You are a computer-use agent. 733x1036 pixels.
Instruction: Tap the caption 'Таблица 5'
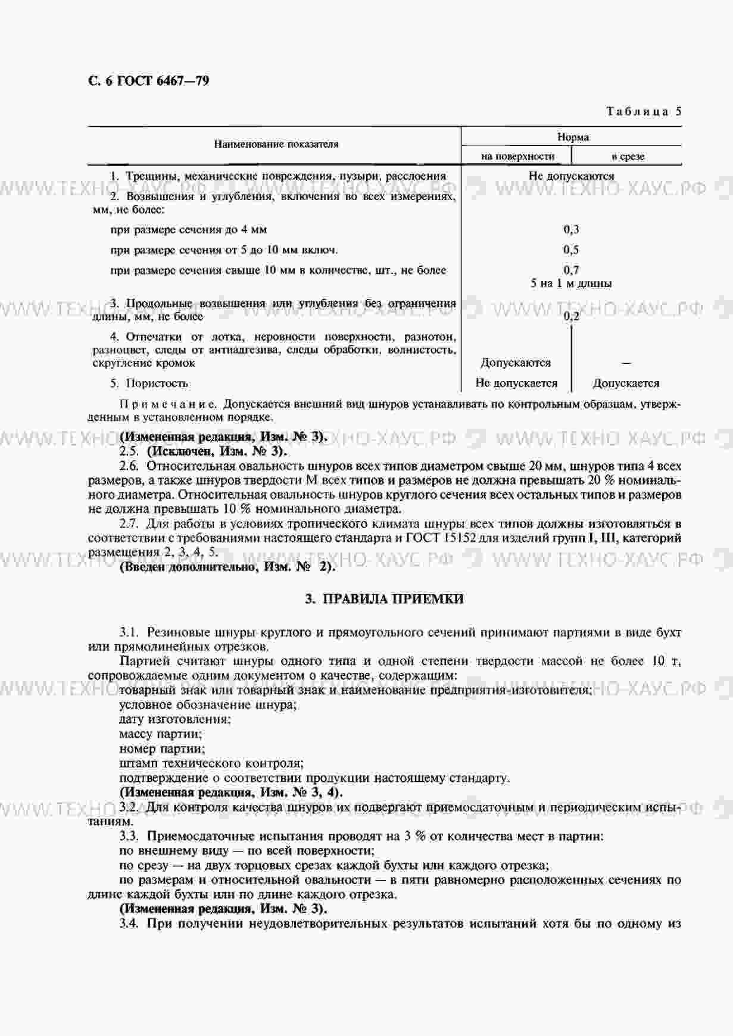pos(644,111)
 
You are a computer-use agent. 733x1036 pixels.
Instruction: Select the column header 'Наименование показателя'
pos(276,144)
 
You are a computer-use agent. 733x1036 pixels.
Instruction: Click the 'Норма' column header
pos(573,137)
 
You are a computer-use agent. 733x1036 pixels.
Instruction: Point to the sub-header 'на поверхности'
pos(517,157)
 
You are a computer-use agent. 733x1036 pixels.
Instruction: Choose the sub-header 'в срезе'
pos(628,157)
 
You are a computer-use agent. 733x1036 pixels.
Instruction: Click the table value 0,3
pos(571,229)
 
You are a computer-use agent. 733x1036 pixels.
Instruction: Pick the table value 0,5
pos(571,249)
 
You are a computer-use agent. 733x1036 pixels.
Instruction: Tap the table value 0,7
pos(571,270)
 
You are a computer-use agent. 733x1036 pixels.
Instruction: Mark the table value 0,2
pos(571,316)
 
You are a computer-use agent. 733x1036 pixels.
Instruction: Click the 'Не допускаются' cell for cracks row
pos(571,176)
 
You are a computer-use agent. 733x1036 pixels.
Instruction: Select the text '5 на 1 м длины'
pos(571,283)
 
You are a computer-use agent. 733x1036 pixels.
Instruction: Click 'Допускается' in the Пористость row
pos(626,383)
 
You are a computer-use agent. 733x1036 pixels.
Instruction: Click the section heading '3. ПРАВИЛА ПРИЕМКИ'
pos(384,599)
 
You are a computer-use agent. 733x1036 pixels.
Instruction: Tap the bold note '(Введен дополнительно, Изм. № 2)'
pos(227,566)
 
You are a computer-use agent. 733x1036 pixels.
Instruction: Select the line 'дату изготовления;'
pos(175,719)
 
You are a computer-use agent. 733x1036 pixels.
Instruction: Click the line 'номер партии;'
pos(162,748)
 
